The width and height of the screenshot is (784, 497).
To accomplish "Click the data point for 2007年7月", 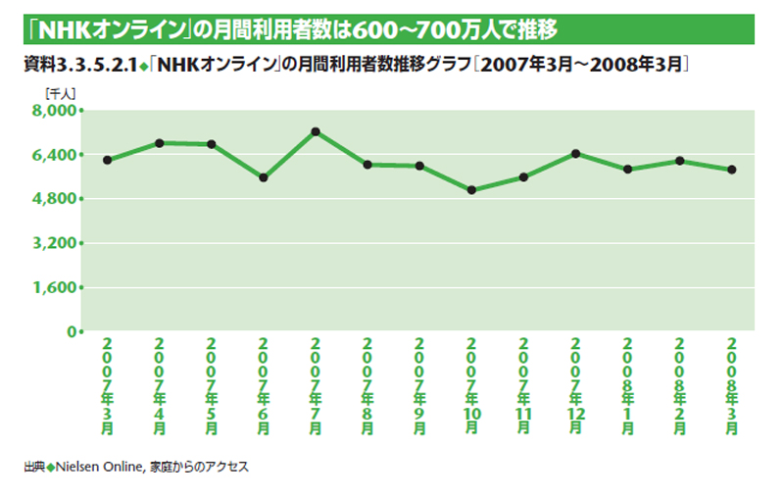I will pyautogui.click(x=315, y=131).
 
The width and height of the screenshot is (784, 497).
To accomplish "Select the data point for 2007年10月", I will pyautogui.click(x=471, y=190).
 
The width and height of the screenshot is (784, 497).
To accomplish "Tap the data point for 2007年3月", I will pyautogui.click(x=106, y=160).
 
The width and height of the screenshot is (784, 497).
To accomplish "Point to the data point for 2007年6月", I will pyautogui.click(x=263, y=178).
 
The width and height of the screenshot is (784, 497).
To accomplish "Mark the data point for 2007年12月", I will pyautogui.click(x=575, y=153).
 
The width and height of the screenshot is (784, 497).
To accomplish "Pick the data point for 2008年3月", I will pyautogui.click(x=731, y=170).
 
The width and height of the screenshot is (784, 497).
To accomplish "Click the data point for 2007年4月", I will pyautogui.click(x=159, y=143).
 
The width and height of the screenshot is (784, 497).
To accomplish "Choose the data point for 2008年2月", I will pyautogui.click(x=679, y=161).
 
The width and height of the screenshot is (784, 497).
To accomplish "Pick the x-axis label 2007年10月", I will pyautogui.click(x=471, y=386).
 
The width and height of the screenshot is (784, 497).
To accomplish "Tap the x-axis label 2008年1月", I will pyautogui.click(x=627, y=386).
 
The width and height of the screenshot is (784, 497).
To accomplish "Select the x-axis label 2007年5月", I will pyautogui.click(x=211, y=386).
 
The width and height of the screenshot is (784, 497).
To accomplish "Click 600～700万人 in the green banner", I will pyautogui.click(x=405, y=28).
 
